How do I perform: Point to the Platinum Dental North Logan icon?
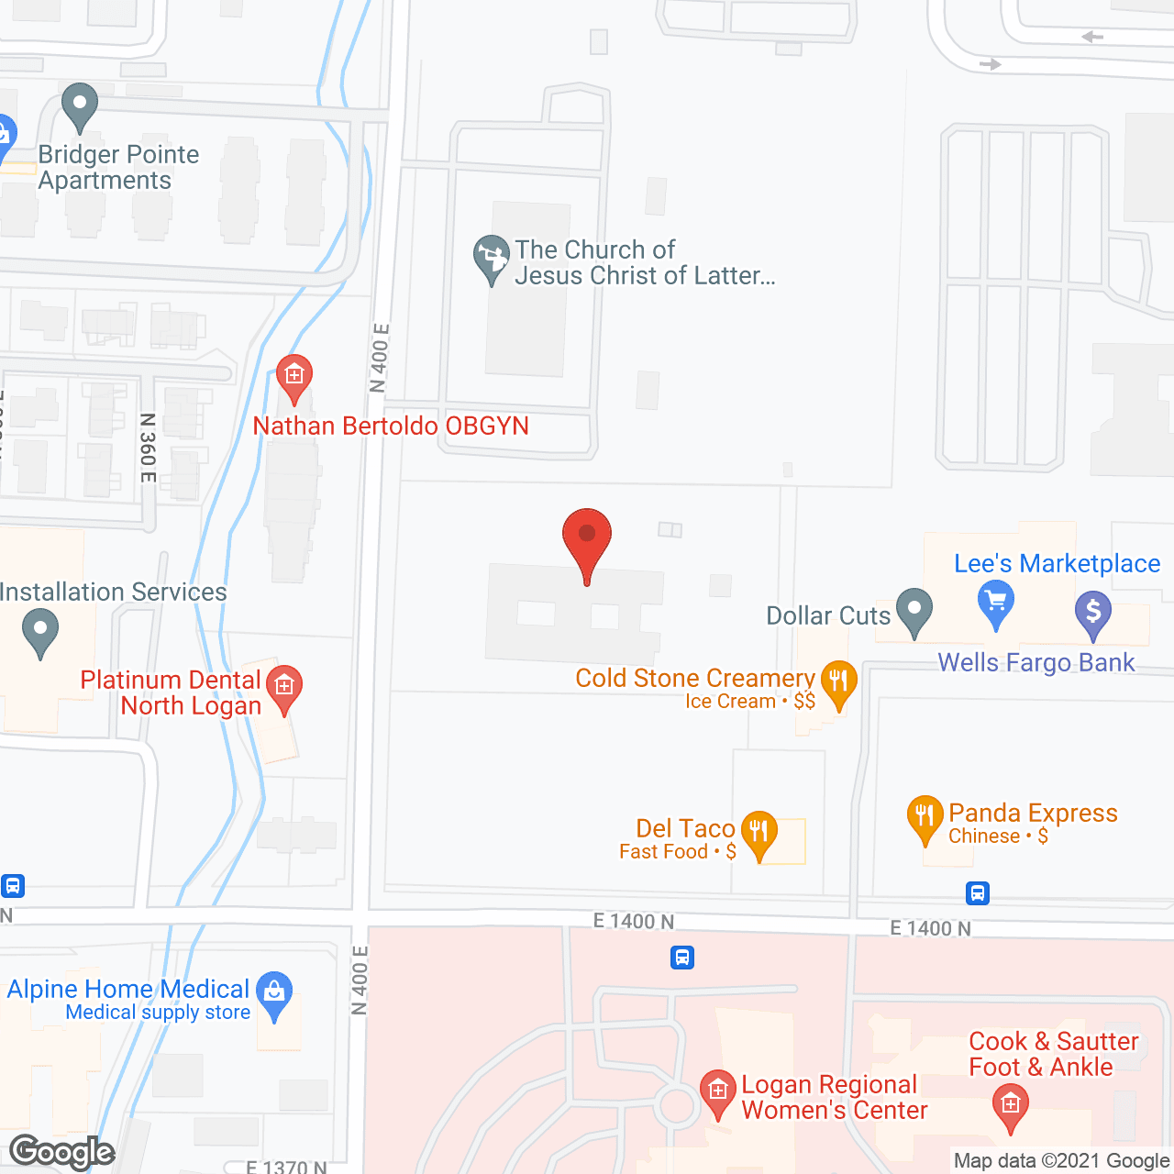284,687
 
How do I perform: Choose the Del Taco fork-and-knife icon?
759,833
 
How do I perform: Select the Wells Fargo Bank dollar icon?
1093,611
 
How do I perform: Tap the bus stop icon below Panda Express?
978,892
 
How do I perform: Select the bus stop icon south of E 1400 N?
681,958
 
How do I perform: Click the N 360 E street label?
148,448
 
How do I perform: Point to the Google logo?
62,1152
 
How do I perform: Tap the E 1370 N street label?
286,1167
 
